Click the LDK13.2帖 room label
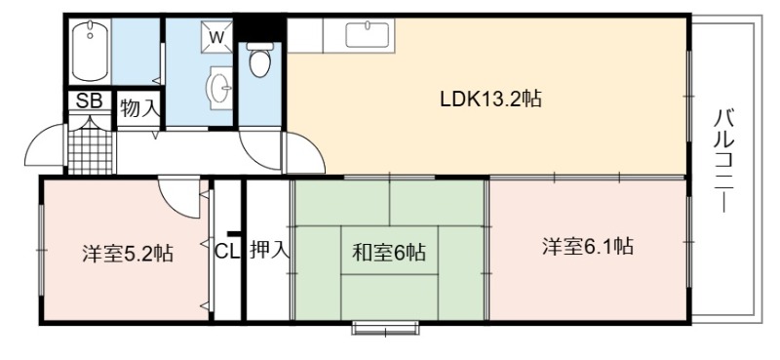click(490, 100)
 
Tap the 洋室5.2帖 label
click(128, 254)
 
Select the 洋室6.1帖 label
click(588, 246)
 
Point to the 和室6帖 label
click(389, 253)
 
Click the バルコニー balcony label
click(724, 160)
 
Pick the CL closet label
click(227, 251)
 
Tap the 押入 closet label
click(269, 250)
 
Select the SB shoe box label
click(89, 100)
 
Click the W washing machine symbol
click(216, 36)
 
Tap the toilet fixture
click(259, 60)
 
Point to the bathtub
click(90, 51)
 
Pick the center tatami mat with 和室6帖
click(389, 250)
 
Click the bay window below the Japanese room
click(385, 328)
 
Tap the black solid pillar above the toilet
click(259, 29)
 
